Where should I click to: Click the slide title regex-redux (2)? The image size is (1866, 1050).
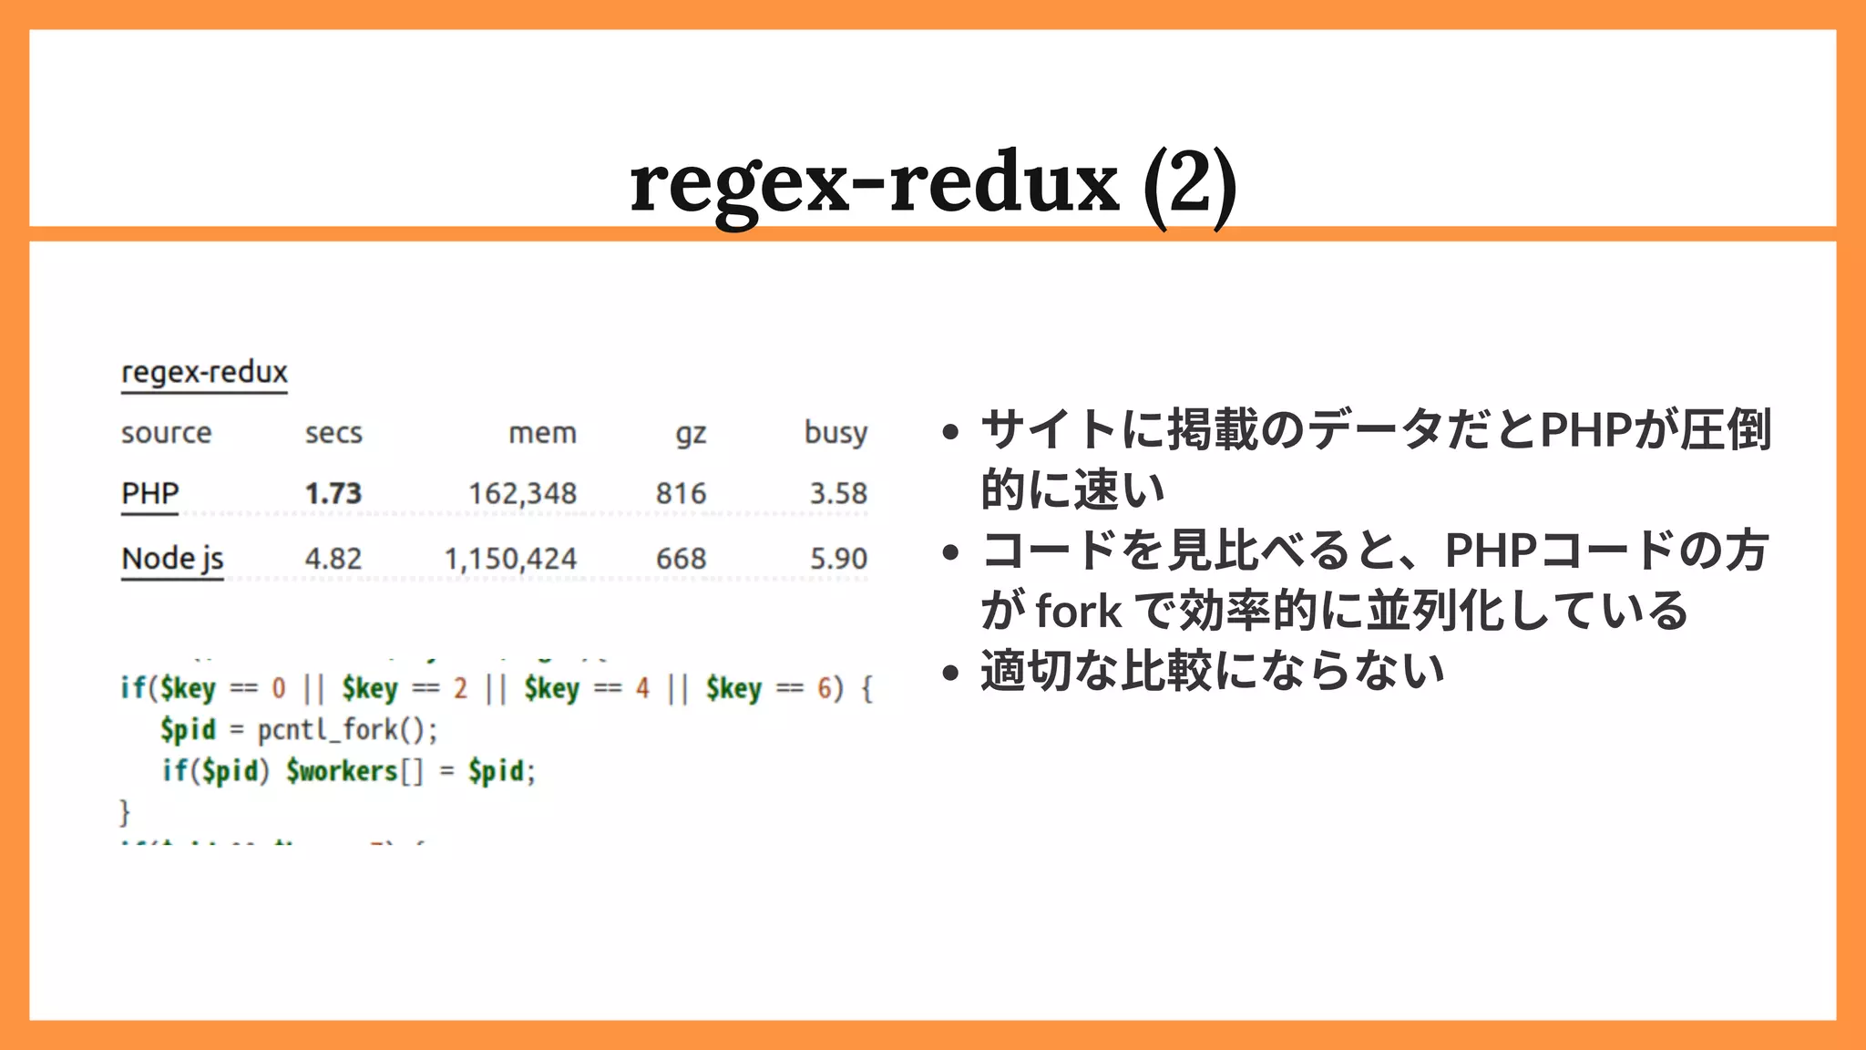pyautogui.click(x=933, y=182)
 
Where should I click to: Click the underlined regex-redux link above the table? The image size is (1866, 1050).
pyautogui.click(x=204, y=373)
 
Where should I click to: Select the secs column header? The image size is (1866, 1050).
pyautogui.click(x=333, y=433)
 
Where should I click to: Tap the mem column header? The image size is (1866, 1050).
pyautogui.click(x=542, y=433)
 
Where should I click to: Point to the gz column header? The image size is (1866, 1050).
pyautogui.click(x=691, y=434)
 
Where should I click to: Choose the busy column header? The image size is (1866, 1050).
pyautogui.click(x=836, y=433)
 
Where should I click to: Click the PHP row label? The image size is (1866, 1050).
pyautogui.click(x=150, y=493)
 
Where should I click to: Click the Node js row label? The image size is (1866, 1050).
pyautogui.click(x=172, y=558)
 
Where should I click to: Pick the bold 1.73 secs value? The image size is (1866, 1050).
pyautogui.click(x=333, y=493)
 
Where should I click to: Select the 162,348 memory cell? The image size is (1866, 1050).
pyautogui.click(x=522, y=494)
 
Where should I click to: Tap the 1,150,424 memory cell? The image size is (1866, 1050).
pyautogui.click(x=510, y=559)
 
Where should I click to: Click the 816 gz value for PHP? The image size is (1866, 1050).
pyautogui.click(x=681, y=494)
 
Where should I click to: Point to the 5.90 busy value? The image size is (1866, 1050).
pyautogui.click(x=838, y=559)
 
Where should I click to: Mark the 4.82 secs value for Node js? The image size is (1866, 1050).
pyautogui.click(x=333, y=559)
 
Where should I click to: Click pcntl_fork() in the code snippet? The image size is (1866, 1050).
pyautogui.click(x=346, y=730)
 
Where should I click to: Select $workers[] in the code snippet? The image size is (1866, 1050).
pyautogui.click(x=354, y=771)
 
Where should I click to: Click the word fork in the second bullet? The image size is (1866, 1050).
pyautogui.click(x=1079, y=611)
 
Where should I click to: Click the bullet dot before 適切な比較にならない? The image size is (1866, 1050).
pyautogui.click(x=951, y=673)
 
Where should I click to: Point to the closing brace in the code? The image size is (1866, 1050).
pyautogui.click(x=125, y=811)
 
